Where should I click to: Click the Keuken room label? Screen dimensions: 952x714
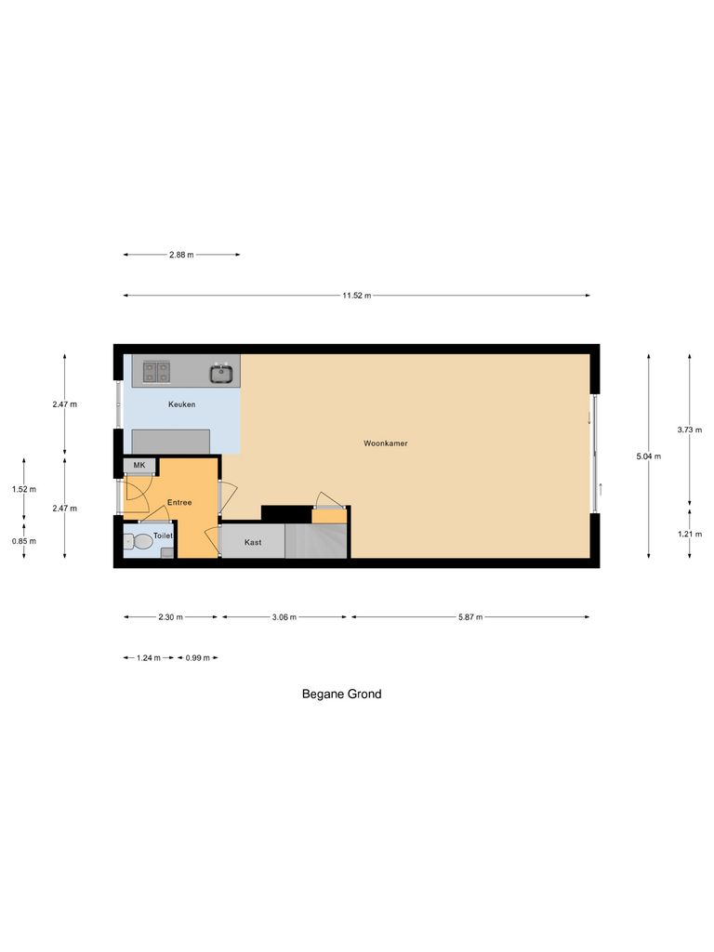tap(180, 404)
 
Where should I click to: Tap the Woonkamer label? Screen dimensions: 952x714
tap(386, 443)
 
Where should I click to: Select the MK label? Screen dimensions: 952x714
tap(139, 465)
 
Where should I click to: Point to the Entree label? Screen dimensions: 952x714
tap(179, 503)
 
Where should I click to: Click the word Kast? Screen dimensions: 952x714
tap(253, 542)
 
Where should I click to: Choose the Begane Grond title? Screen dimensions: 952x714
tap(341, 694)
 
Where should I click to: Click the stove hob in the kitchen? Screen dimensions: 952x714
tap(156, 373)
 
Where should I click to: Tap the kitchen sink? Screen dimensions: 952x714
tap(221, 373)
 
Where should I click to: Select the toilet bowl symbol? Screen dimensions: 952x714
tap(142, 540)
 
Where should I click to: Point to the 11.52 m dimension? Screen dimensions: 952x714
tap(356, 296)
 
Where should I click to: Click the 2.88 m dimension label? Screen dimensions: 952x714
tap(181, 255)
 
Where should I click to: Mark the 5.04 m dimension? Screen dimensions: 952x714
tap(649, 456)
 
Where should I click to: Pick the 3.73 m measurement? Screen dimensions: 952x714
tap(690, 430)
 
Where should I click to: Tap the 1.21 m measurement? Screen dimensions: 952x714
tap(690, 534)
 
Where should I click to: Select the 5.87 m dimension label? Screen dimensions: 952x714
tap(469, 616)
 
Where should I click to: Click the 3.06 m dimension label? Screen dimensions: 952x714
tap(284, 616)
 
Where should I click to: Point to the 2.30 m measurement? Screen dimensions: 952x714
tap(171, 616)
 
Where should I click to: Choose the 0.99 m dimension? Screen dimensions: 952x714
tap(197, 657)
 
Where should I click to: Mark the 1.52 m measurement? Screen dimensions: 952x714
tap(24, 489)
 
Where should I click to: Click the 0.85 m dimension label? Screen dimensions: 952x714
tap(24, 541)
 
